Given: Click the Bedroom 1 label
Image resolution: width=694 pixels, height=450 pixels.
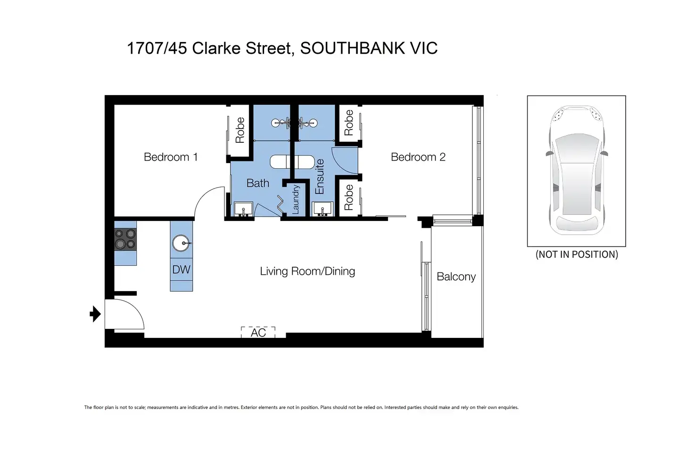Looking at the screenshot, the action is (x=170, y=157).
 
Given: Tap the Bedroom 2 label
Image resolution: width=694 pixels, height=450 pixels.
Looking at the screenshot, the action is (x=418, y=157).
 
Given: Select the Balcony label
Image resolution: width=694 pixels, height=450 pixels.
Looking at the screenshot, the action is (x=456, y=277).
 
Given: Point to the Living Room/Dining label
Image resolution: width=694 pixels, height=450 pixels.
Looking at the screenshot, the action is (x=307, y=271).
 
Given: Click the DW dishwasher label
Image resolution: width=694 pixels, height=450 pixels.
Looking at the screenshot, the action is (x=181, y=270).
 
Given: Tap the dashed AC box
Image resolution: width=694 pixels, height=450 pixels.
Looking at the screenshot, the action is (x=258, y=332).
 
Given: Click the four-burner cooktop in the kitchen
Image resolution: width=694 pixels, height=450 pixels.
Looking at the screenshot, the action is (x=125, y=239).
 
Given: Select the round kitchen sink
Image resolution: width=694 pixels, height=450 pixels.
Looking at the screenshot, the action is (x=181, y=244).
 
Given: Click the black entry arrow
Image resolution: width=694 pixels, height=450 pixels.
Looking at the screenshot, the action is (x=95, y=314).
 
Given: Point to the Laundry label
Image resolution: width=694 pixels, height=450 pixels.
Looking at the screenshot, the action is (x=296, y=199).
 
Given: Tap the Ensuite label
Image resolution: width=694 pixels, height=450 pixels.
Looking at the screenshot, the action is (x=320, y=177).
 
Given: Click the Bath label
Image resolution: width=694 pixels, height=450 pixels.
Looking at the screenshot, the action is (x=258, y=183).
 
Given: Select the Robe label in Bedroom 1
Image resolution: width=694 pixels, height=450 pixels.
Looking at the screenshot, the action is (x=240, y=130).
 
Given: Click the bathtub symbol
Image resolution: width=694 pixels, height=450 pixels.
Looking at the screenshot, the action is (x=291, y=162).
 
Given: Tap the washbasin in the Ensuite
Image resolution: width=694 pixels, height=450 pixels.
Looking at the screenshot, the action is (x=323, y=209).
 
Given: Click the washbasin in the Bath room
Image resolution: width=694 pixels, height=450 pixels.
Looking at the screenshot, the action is (x=243, y=209).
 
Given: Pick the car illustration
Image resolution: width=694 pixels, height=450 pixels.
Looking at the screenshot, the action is (x=576, y=170).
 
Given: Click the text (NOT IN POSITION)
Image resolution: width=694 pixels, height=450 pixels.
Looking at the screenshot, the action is (x=577, y=254).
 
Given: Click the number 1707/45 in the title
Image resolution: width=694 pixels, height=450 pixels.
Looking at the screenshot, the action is (x=157, y=48).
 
